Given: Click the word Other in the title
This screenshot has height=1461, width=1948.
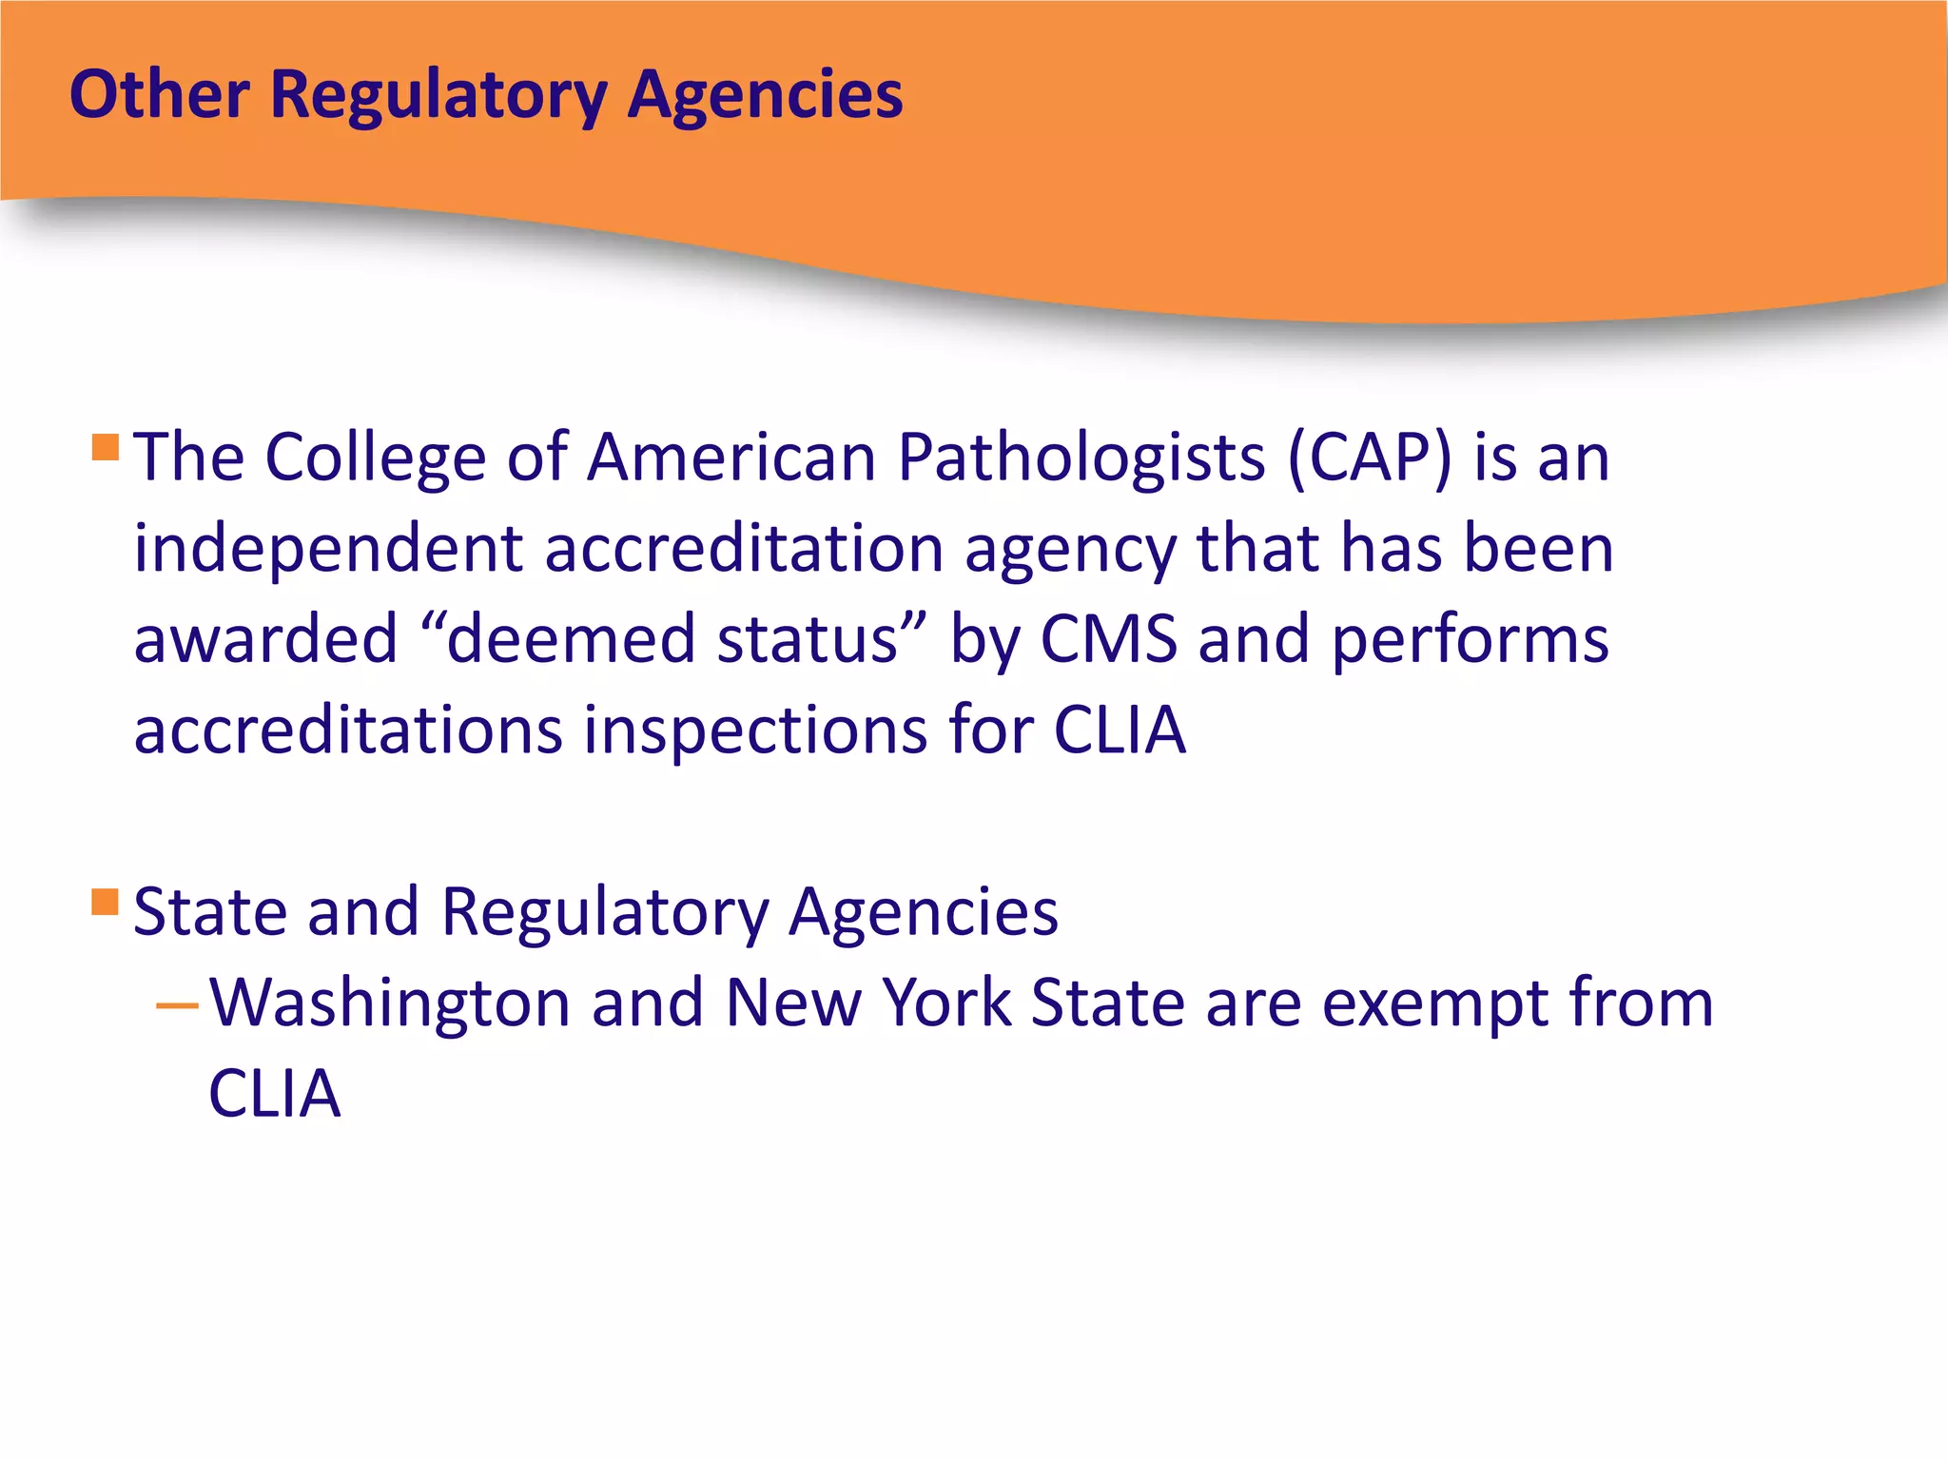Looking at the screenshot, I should tap(160, 95).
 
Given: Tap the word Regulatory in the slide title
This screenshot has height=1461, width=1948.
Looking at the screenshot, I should tap(438, 97).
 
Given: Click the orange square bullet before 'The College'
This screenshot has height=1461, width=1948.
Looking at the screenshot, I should tap(106, 447).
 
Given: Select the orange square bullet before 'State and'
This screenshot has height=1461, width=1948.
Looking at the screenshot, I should tap(106, 902).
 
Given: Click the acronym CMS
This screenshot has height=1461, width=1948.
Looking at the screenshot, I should tap(1108, 639).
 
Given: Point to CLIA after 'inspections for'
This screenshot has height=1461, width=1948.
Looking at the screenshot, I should tap(1120, 730).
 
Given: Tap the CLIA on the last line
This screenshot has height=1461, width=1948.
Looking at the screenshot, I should tap(274, 1094).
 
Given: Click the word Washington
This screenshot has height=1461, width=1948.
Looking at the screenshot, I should tap(390, 1004).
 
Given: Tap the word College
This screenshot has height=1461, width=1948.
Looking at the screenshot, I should tap(376, 458).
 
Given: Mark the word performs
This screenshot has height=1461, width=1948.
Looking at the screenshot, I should tap(1470, 639).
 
